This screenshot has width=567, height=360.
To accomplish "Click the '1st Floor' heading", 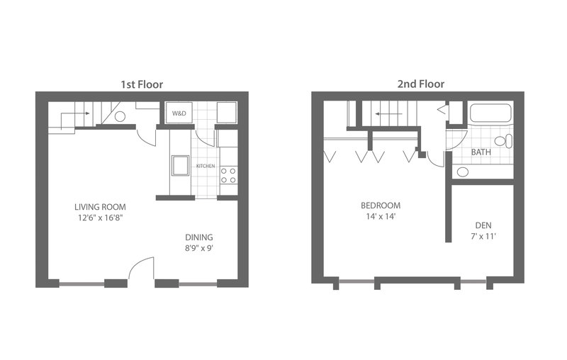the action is tap(142, 84).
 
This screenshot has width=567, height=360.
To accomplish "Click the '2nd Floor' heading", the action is tap(421, 84).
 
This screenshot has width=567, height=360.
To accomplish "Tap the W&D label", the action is tap(179, 113).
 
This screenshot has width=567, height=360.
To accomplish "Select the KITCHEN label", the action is tap(206, 166).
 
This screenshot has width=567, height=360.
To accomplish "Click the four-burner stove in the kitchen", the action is tap(228, 175).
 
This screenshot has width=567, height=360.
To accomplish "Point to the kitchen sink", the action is tap(180, 166).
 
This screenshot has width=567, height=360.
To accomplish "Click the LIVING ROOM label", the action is tap(100, 207).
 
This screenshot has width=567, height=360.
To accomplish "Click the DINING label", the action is tap(199, 237).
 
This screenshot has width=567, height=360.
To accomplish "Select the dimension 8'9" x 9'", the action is tap(199, 248).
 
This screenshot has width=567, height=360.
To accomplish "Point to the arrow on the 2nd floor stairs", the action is tap(388, 114).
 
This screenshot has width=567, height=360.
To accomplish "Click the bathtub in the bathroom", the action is tap(490, 113).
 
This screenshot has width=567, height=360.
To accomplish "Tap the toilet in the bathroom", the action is tap(503, 140).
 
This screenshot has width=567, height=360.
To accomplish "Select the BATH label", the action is tap(481, 152).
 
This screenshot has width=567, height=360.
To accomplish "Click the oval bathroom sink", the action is tap(463, 171).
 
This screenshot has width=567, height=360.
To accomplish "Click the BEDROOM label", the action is tap(381, 206).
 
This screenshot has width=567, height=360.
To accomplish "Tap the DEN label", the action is tap(483, 225).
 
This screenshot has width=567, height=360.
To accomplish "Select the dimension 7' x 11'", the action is tap(483, 237).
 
